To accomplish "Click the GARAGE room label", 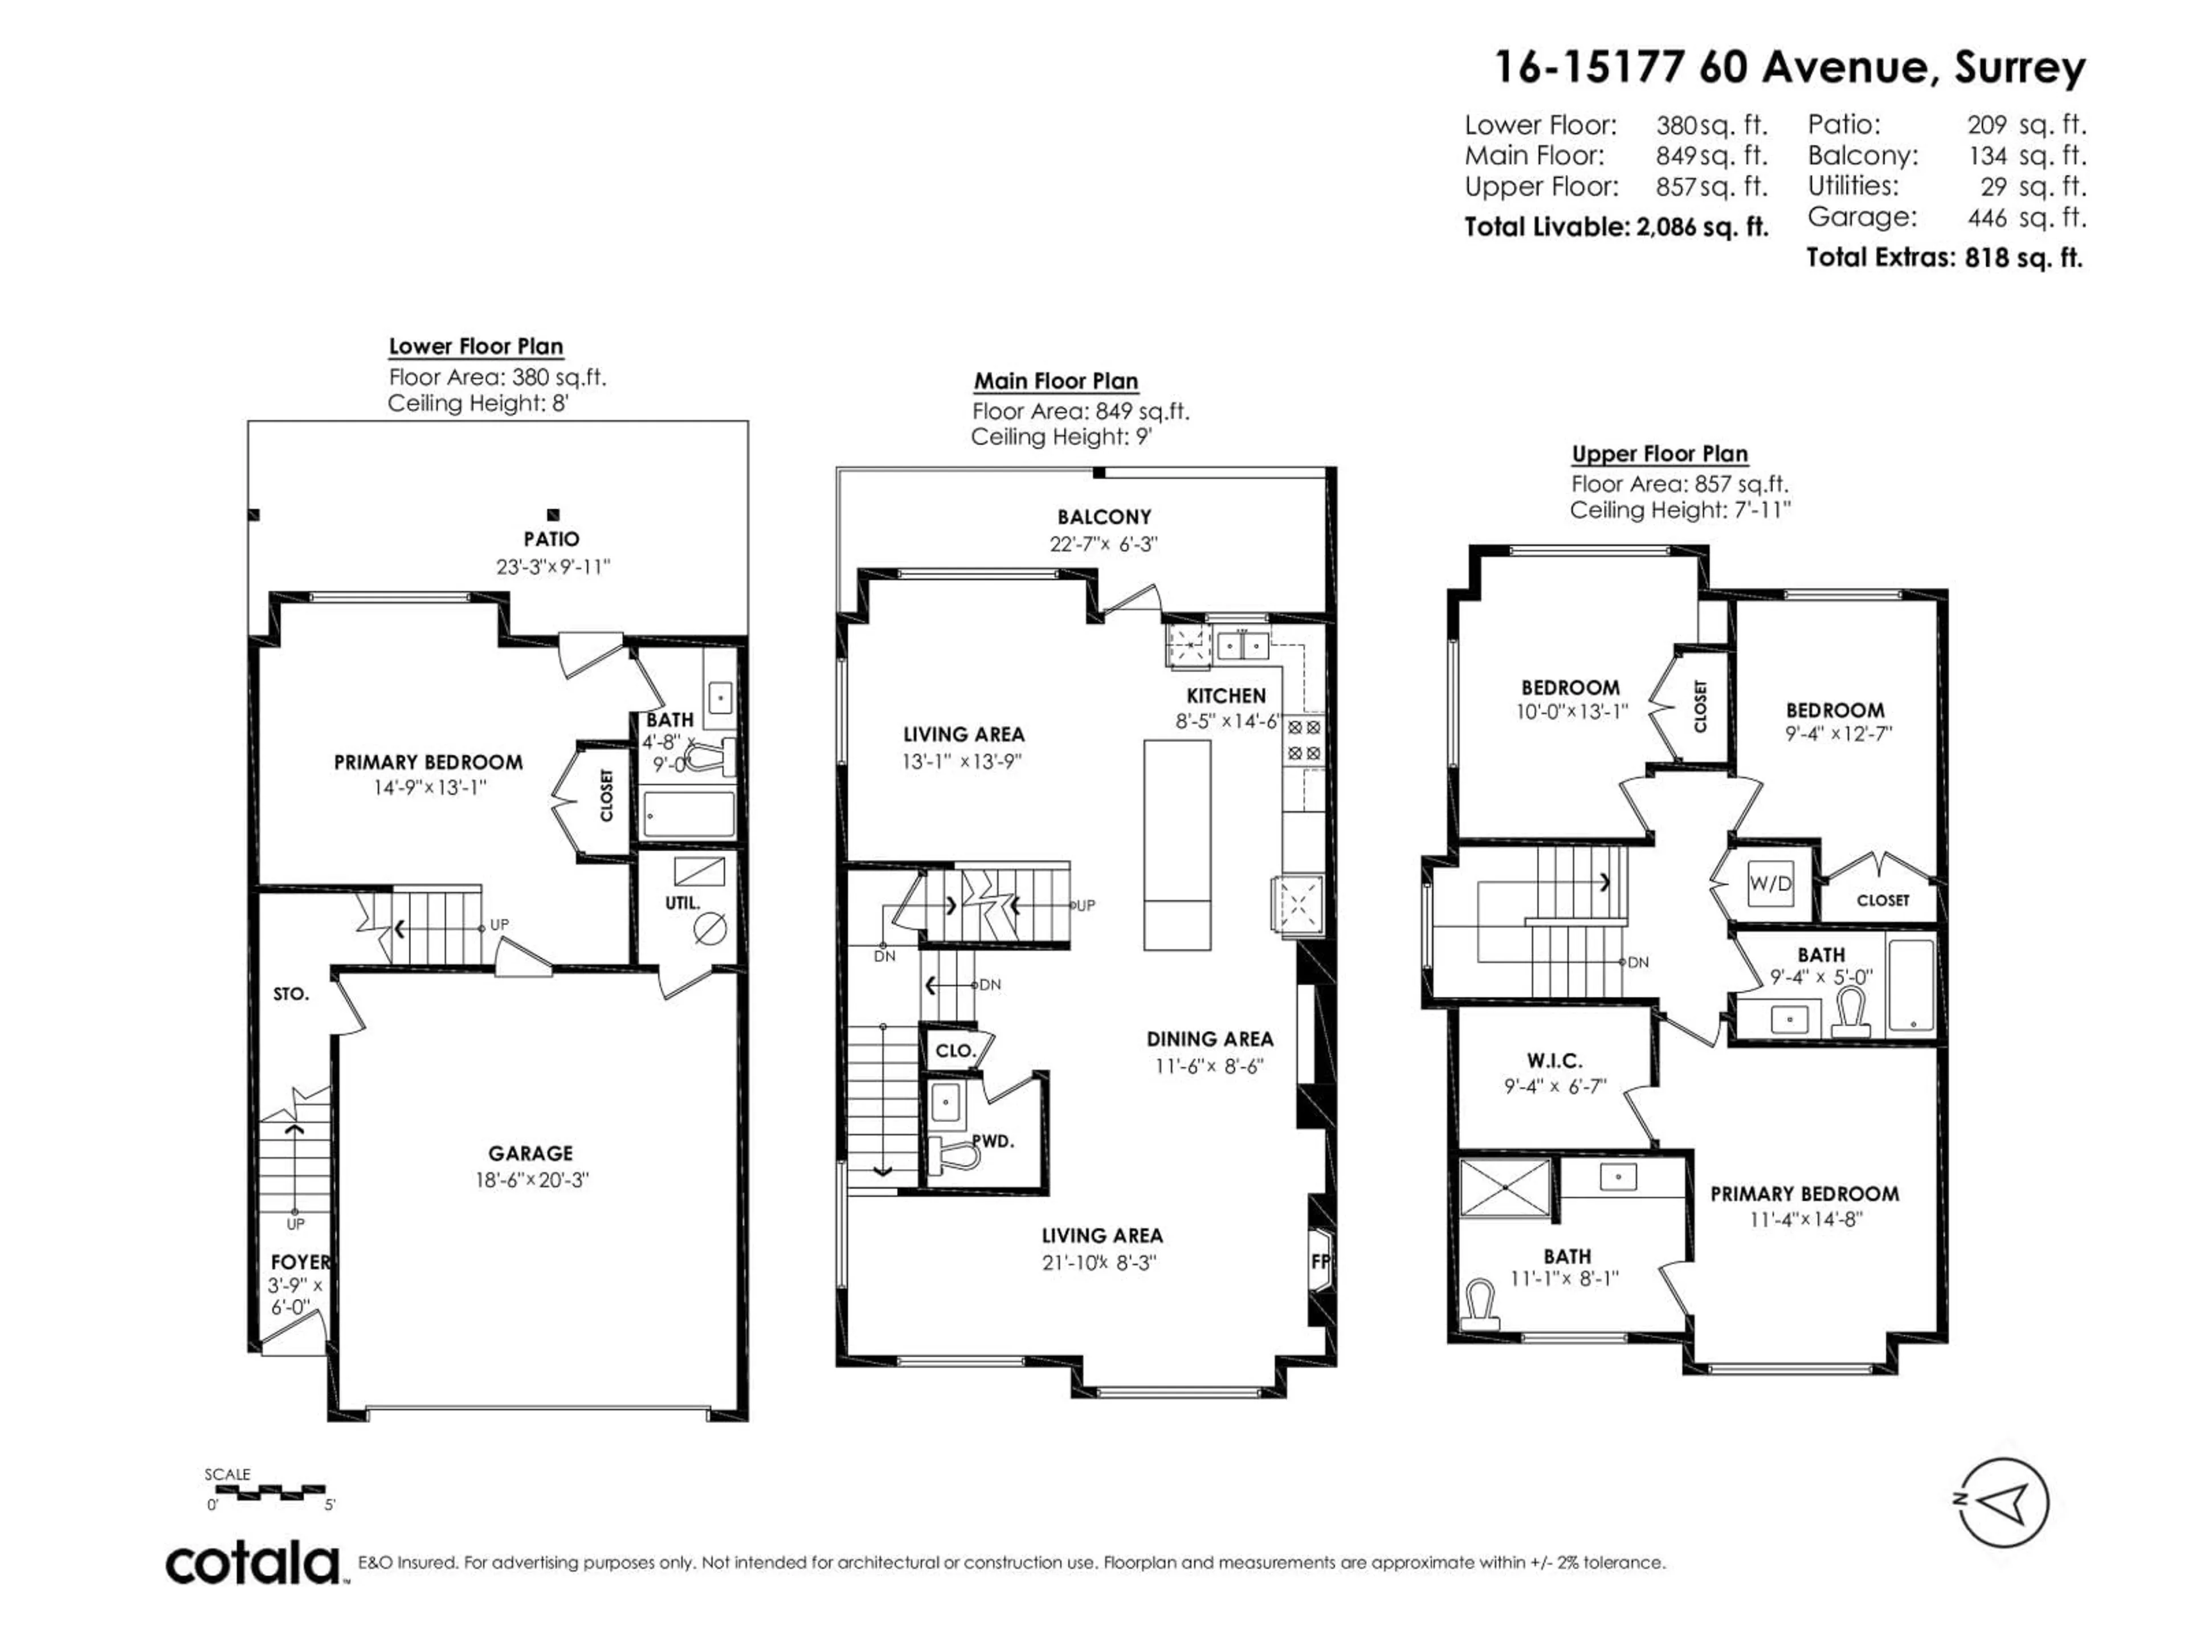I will (530, 1153).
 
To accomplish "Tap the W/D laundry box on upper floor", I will (1770, 883).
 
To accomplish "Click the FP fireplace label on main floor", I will (1320, 1261).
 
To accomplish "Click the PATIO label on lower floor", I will (551, 539).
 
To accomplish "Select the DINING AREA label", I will (1210, 1039).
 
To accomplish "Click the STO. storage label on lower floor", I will (291, 994).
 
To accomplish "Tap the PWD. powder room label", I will (992, 1141).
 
